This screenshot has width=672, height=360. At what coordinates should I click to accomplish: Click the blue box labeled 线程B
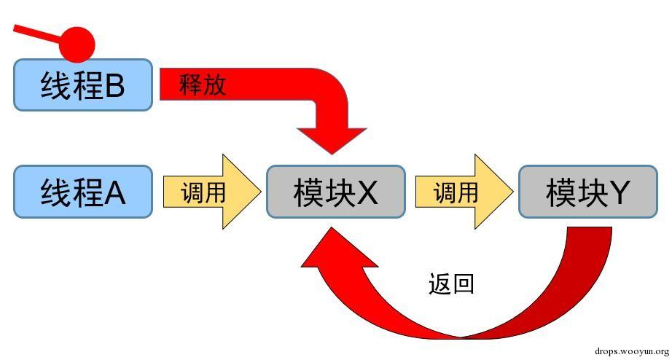tap(83, 85)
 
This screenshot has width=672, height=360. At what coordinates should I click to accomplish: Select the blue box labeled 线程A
tap(83, 192)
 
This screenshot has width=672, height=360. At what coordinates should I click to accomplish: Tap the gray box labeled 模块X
tap(335, 192)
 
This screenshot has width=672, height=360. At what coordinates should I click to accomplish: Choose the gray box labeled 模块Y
tap(587, 192)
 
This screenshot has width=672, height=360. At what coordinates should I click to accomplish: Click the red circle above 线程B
tap(77, 44)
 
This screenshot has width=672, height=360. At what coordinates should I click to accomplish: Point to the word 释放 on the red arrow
tap(203, 85)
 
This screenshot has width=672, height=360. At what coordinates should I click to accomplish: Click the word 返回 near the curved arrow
tap(452, 283)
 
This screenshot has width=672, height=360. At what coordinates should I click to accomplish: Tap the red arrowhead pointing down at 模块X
tap(332, 138)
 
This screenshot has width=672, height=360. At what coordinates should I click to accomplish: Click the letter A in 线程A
tap(115, 193)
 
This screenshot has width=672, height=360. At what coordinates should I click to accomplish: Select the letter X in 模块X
tap(367, 193)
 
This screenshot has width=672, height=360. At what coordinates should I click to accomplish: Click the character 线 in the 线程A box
tap(55, 192)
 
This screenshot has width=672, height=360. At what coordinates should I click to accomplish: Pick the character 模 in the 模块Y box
tap(559, 192)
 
